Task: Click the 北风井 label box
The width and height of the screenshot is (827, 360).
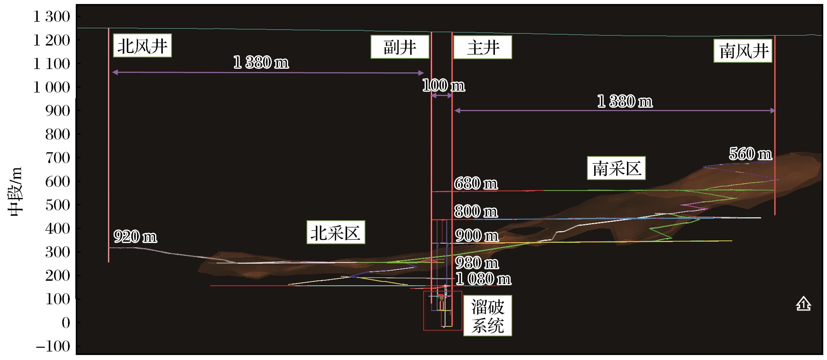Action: (x=142, y=45)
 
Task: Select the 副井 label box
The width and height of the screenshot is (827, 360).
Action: (x=400, y=47)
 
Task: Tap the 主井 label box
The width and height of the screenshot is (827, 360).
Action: (x=483, y=47)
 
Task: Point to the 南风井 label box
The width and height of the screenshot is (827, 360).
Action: (x=742, y=51)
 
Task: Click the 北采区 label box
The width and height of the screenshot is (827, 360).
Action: (x=336, y=232)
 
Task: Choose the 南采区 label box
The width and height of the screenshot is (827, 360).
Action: (x=616, y=168)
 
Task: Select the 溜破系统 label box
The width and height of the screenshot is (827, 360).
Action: (x=487, y=316)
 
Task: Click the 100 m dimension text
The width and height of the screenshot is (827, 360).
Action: (x=443, y=85)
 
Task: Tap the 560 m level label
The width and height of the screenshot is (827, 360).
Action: (x=750, y=154)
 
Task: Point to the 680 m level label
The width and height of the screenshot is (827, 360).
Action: (x=476, y=183)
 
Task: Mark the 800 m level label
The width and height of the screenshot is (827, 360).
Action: (x=476, y=211)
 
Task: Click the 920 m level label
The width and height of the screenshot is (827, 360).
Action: (x=135, y=236)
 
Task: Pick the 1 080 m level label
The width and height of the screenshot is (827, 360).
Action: (x=483, y=278)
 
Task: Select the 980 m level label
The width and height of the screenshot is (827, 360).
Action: (x=477, y=263)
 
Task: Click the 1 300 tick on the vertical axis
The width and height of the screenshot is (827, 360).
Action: (x=51, y=17)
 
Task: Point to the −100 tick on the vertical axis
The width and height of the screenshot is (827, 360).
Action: (x=53, y=346)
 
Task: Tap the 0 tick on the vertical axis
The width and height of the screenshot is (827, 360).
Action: (x=66, y=323)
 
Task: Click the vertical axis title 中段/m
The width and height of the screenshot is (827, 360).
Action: (x=15, y=191)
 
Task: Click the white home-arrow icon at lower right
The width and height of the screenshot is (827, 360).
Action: (x=803, y=304)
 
